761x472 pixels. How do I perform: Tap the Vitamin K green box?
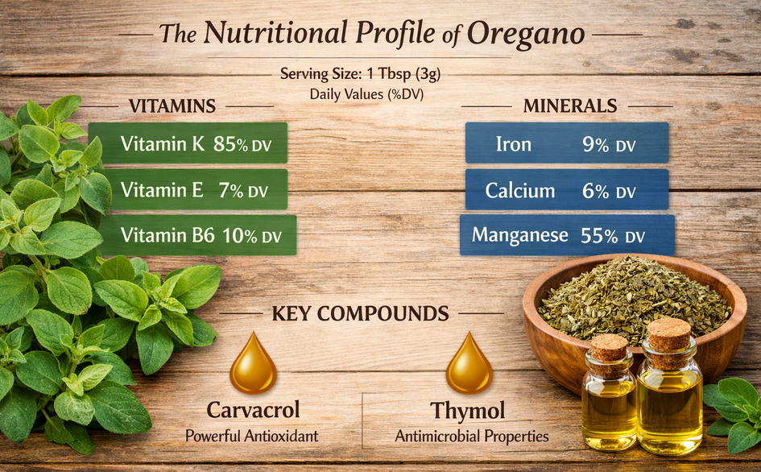click(x=188, y=143)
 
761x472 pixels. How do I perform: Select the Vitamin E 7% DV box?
click(x=188, y=190)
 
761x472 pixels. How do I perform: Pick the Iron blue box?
click(x=567, y=143)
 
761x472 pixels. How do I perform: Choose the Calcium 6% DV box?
click(x=567, y=190)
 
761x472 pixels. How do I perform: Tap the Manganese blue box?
click(x=567, y=235)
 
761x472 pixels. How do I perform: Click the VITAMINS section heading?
click(x=172, y=106)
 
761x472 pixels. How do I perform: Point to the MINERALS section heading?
click(x=570, y=106)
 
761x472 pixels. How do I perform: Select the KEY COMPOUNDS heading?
click(x=360, y=313)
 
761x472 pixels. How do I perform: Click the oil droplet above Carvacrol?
click(x=253, y=365)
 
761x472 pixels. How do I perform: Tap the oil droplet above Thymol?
click(x=469, y=365)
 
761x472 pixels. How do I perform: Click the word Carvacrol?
click(x=253, y=410)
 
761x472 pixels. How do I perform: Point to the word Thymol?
click(x=468, y=410)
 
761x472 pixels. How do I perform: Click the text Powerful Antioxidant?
click(x=252, y=436)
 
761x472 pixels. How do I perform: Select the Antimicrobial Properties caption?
click(x=472, y=436)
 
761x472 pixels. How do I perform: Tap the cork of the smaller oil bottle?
click(x=610, y=347)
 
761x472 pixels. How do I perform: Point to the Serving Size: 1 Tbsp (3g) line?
click(x=360, y=74)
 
